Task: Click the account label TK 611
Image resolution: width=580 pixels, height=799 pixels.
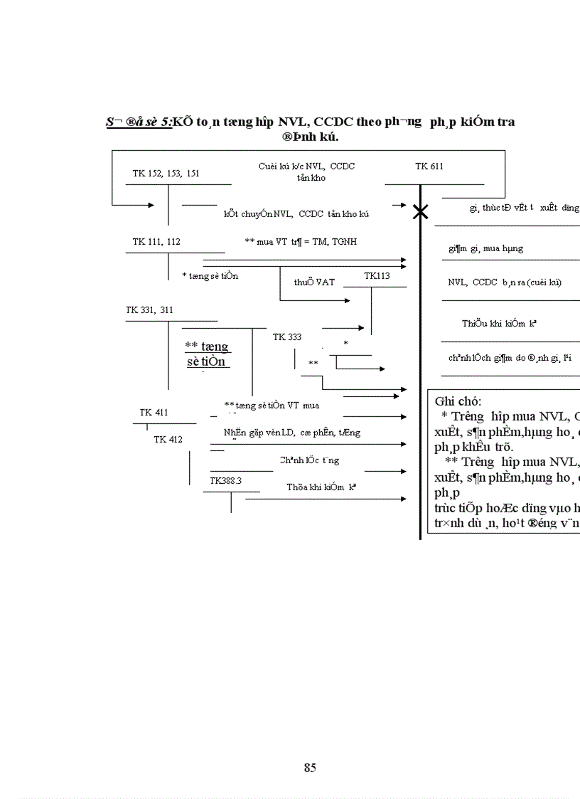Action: (x=429, y=166)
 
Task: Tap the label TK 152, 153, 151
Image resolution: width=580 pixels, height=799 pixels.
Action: (x=166, y=173)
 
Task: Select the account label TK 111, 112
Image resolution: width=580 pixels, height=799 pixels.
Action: (x=156, y=242)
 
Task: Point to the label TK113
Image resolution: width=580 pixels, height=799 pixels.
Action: (x=377, y=275)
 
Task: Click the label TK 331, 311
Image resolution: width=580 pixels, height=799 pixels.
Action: (x=149, y=310)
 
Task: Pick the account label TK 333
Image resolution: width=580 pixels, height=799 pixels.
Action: (x=287, y=337)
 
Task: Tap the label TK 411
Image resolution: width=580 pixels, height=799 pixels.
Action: (x=154, y=413)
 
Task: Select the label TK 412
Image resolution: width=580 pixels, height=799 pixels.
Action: (x=168, y=440)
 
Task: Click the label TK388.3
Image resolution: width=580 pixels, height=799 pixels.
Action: (x=225, y=481)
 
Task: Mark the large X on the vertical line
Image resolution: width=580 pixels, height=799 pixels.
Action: (x=421, y=211)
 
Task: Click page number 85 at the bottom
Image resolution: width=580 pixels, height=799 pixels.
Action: (x=310, y=768)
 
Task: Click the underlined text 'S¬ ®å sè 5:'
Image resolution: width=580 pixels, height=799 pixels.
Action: (x=139, y=122)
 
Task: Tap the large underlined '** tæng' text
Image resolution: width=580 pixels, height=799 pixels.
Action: (x=207, y=346)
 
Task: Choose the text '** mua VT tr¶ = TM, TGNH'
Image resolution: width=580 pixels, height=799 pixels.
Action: (x=301, y=242)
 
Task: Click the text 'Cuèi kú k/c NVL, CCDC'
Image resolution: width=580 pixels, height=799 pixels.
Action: (x=306, y=166)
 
